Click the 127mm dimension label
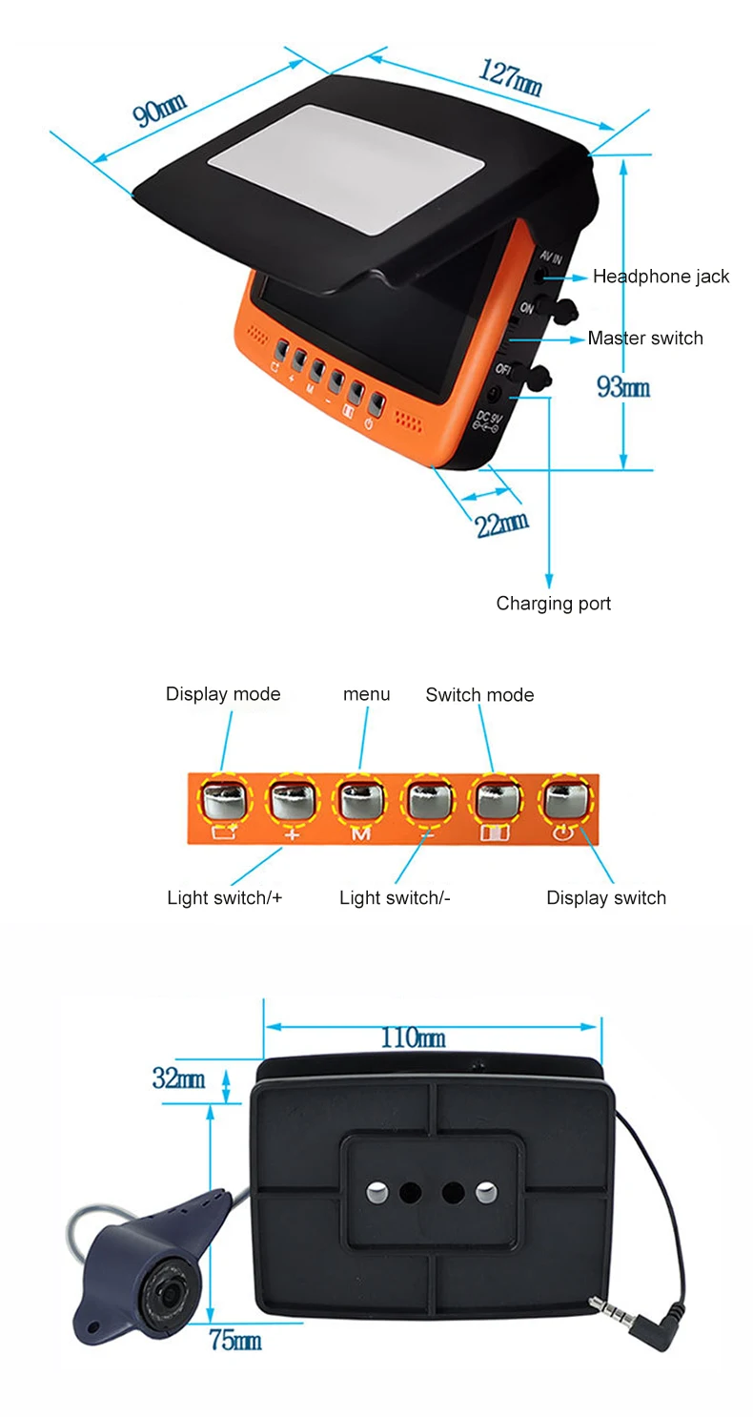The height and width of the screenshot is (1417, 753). tap(510, 78)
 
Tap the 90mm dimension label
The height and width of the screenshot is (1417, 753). tap(159, 110)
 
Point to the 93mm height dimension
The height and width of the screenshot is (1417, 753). tap(622, 386)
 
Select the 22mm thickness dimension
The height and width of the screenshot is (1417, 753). tap(501, 524)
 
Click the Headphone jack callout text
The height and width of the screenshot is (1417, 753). tap(661, 277)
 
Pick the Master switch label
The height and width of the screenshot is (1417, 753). tap(645, 338)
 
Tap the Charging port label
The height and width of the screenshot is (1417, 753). tap(553, 604)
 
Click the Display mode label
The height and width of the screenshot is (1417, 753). tap(222, 694)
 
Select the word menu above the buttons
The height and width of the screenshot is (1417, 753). tap(366, 694)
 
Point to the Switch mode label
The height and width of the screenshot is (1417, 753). tap(479, 694)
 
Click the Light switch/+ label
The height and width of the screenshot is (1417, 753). tap(224, 897)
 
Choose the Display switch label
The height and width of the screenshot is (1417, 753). tap(605, 897)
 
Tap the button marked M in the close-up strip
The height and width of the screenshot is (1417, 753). tap(361, 800)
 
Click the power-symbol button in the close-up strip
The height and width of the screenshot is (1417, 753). tap(566, 800)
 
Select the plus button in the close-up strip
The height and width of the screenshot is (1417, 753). tap(292, 800)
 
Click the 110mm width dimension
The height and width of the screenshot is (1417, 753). tap(413, 1038)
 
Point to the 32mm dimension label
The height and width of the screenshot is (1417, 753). tap(178, 1078)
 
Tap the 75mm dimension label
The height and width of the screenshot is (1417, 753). tap(234, 1340)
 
